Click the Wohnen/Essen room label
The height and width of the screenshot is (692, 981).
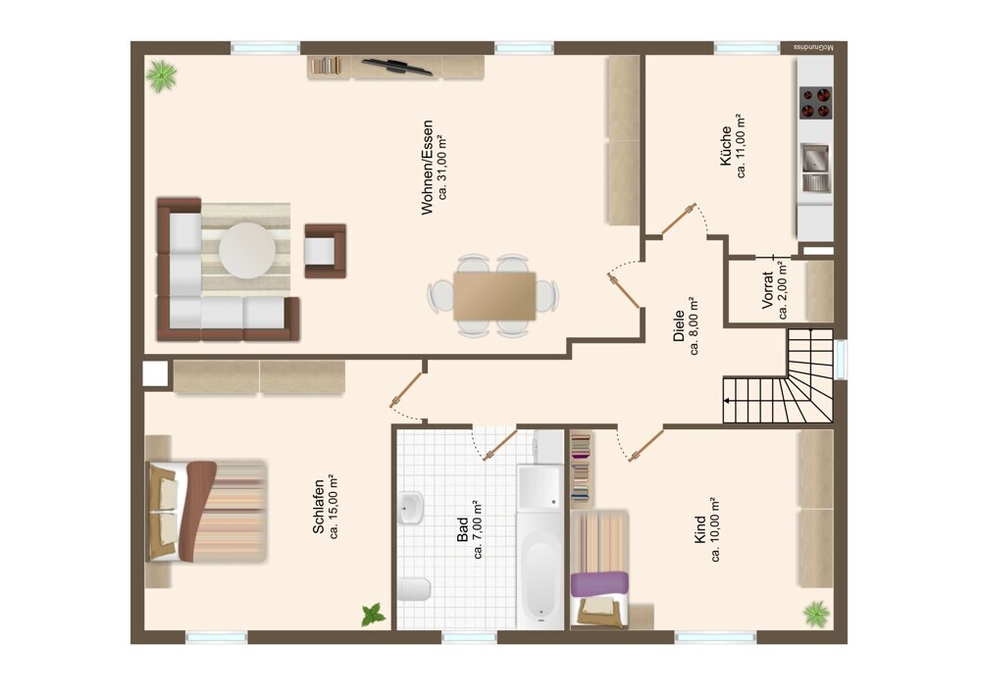(x=428, y=168)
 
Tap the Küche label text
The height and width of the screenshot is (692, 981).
(x=726, y=146)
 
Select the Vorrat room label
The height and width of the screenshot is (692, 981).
(x=768, y=289)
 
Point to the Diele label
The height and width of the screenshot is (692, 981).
(x=679, y=326)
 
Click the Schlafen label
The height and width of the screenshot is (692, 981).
(x=319, y=507)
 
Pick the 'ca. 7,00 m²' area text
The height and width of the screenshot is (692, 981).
(x=479, y=529)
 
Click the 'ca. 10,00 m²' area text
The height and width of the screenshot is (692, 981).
(x=716, y=530)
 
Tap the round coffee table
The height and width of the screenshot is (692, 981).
(x=247, y=250)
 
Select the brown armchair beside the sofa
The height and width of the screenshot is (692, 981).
(x=326, y=251)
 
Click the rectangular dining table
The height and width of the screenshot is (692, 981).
(x=494, y=295)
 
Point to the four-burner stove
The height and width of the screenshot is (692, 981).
(x=816, y=103)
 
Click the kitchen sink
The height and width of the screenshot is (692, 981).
(x=815, y=168)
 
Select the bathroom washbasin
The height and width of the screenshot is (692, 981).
(x=411, y=508)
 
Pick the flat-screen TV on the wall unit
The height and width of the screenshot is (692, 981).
(x=397, y=67)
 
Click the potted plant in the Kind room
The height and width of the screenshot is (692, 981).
(x=817, y=614)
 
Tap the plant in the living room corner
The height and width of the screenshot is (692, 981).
(x=162, y=75)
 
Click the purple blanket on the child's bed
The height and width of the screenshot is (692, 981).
(x=599, y=584)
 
